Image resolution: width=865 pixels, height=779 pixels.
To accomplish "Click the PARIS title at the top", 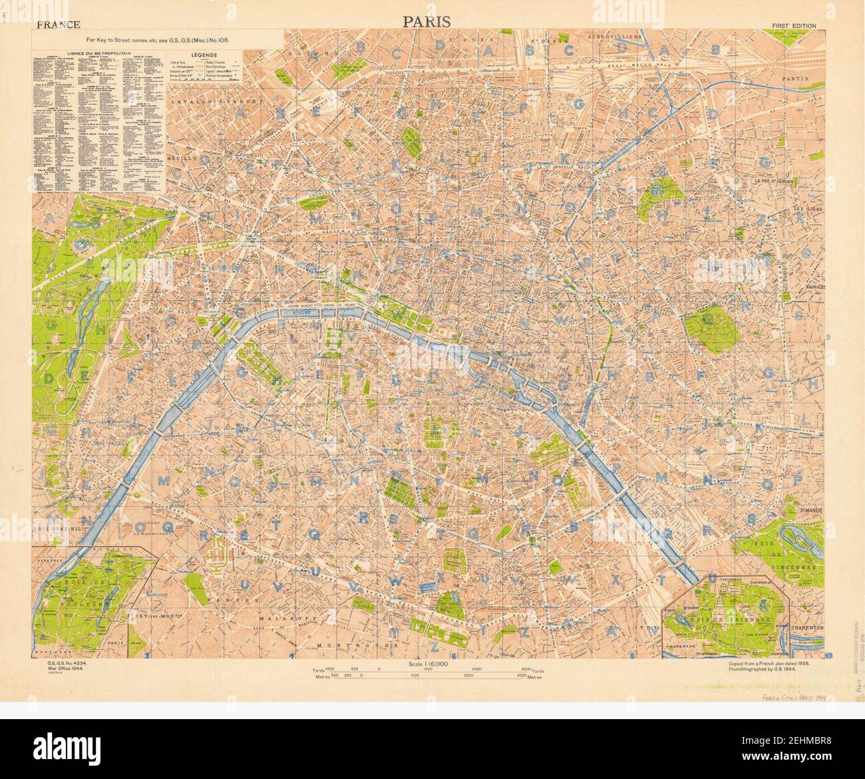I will point(427,21).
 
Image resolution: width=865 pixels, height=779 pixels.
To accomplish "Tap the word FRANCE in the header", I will point(59,25).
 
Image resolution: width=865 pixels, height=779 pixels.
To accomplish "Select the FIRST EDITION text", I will point(794,26).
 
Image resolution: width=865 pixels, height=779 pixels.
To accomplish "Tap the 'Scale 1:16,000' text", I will point(427,664).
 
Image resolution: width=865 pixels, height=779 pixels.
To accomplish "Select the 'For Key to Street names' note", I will point(154,40).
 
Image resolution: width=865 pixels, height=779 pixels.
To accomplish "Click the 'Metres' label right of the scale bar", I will point(533,677).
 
